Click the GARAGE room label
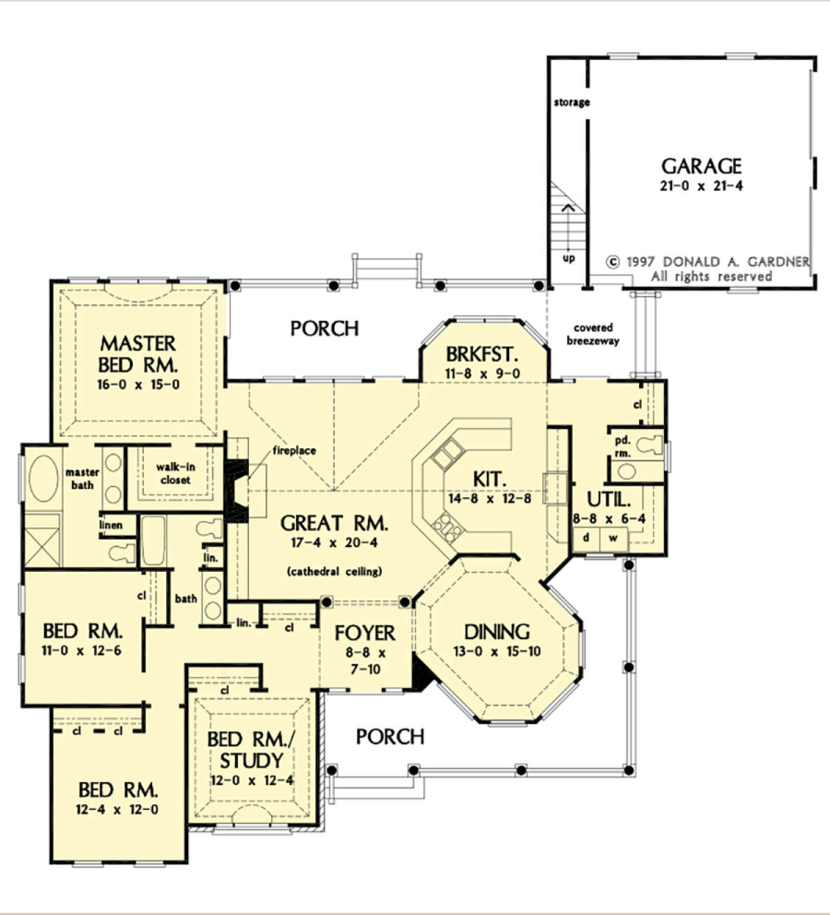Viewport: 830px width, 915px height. pyautogui.click(x=701, y=167)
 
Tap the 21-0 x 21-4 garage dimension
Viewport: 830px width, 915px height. pyautogui.click(x=701, y=186)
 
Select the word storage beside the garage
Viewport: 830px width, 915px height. pyautogui.click(x=572, y=102)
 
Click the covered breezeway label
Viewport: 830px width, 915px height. pyautogui.click(x=593, y=334)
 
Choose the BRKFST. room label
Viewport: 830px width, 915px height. pyautogui.click(x=482, y=354)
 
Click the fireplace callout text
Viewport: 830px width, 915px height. pyautogui.click(x=295, y=451)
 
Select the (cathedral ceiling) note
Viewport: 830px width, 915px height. pyautogui.click(x=335, y=571)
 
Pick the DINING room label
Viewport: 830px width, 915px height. pyautogui.click(x=497, y=632)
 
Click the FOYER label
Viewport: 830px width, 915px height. pyautogui.click(x=365, y=633)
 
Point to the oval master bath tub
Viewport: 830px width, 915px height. pyautogui.click(x=44, y=479)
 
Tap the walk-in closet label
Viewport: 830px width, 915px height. pyautogui.click(x=176, y=474)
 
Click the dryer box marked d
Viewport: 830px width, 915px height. pyautogui.click(x=587, y=538)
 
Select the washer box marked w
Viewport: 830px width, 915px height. pyautogui.click(x=614, y=538)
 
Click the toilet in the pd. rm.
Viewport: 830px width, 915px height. pyautogui.click(x=649, y=444)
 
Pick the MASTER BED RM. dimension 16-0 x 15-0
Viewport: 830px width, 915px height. pyautogui.click(x=138, y=385)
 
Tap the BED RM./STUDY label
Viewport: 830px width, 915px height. pyautogui.click(x=251, y=750)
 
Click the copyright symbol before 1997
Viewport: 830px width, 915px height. pyautogui.click(x=613, y=262)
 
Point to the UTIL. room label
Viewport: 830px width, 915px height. pyautogui.click(x=609, y=499)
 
